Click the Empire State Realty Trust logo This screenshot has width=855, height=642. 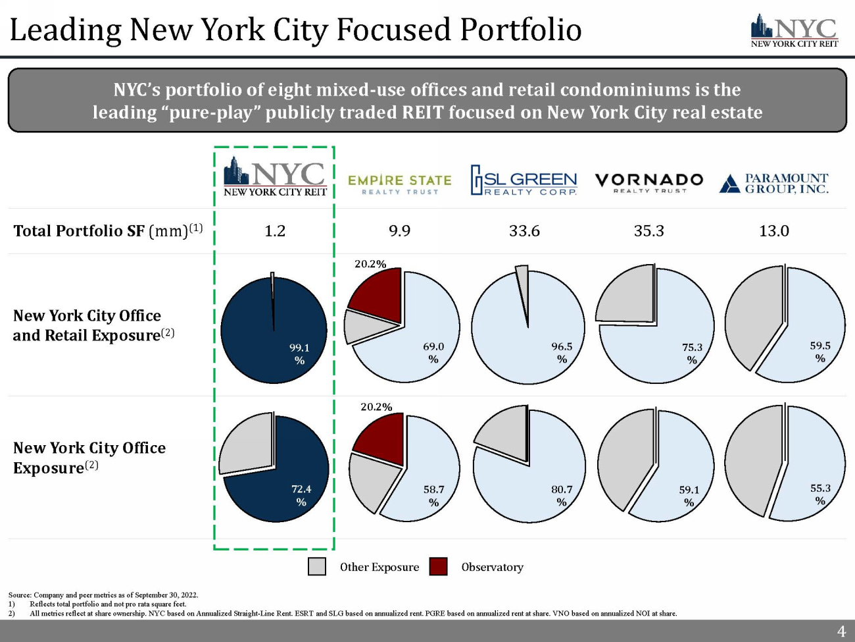[399, 184]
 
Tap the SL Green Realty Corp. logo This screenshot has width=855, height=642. [524, 180]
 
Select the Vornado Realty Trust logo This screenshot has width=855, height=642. [649, 182]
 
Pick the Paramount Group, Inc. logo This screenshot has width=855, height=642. [774, 183]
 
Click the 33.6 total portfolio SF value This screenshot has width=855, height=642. [524, 231]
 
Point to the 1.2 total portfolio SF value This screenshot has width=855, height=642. [275, 231]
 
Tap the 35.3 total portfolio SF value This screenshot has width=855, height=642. [649, 231]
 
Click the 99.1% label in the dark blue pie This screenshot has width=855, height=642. [299, 354]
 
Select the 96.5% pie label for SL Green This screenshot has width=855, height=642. [562, 353]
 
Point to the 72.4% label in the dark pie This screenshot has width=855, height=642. [301, 495]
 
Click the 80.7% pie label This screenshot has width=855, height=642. [562, 495]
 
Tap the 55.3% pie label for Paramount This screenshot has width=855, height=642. [820, 495]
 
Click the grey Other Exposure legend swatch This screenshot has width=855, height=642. [317, 567]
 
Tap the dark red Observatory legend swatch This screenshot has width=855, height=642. [438, 567]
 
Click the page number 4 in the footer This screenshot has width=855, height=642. [841, 631]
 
